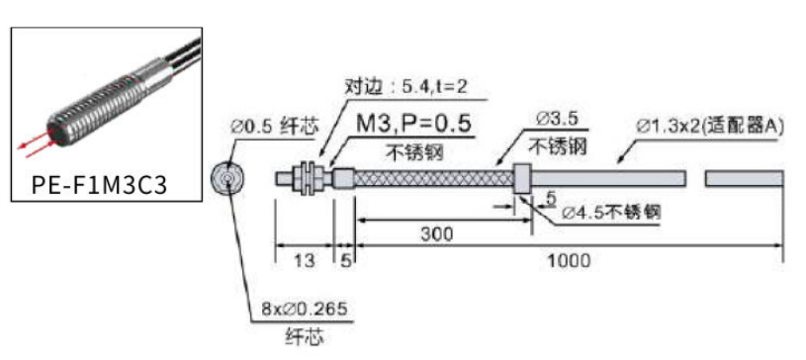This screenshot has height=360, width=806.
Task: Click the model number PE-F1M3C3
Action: (99, 185)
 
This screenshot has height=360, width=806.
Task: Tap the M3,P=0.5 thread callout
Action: (414, 124)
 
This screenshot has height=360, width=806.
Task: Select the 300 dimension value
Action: (437, 234)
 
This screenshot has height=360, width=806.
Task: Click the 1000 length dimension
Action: (569, 261)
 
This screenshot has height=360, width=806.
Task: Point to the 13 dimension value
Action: (305, 261)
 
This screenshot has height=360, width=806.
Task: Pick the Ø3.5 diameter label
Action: (558, 120)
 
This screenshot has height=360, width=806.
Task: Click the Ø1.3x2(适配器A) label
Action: (711, 125)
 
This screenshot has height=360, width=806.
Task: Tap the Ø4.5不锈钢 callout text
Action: (610, 212)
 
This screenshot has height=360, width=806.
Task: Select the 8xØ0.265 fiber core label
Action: (305, 310)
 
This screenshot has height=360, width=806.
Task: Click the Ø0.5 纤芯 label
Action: (275, 126)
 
